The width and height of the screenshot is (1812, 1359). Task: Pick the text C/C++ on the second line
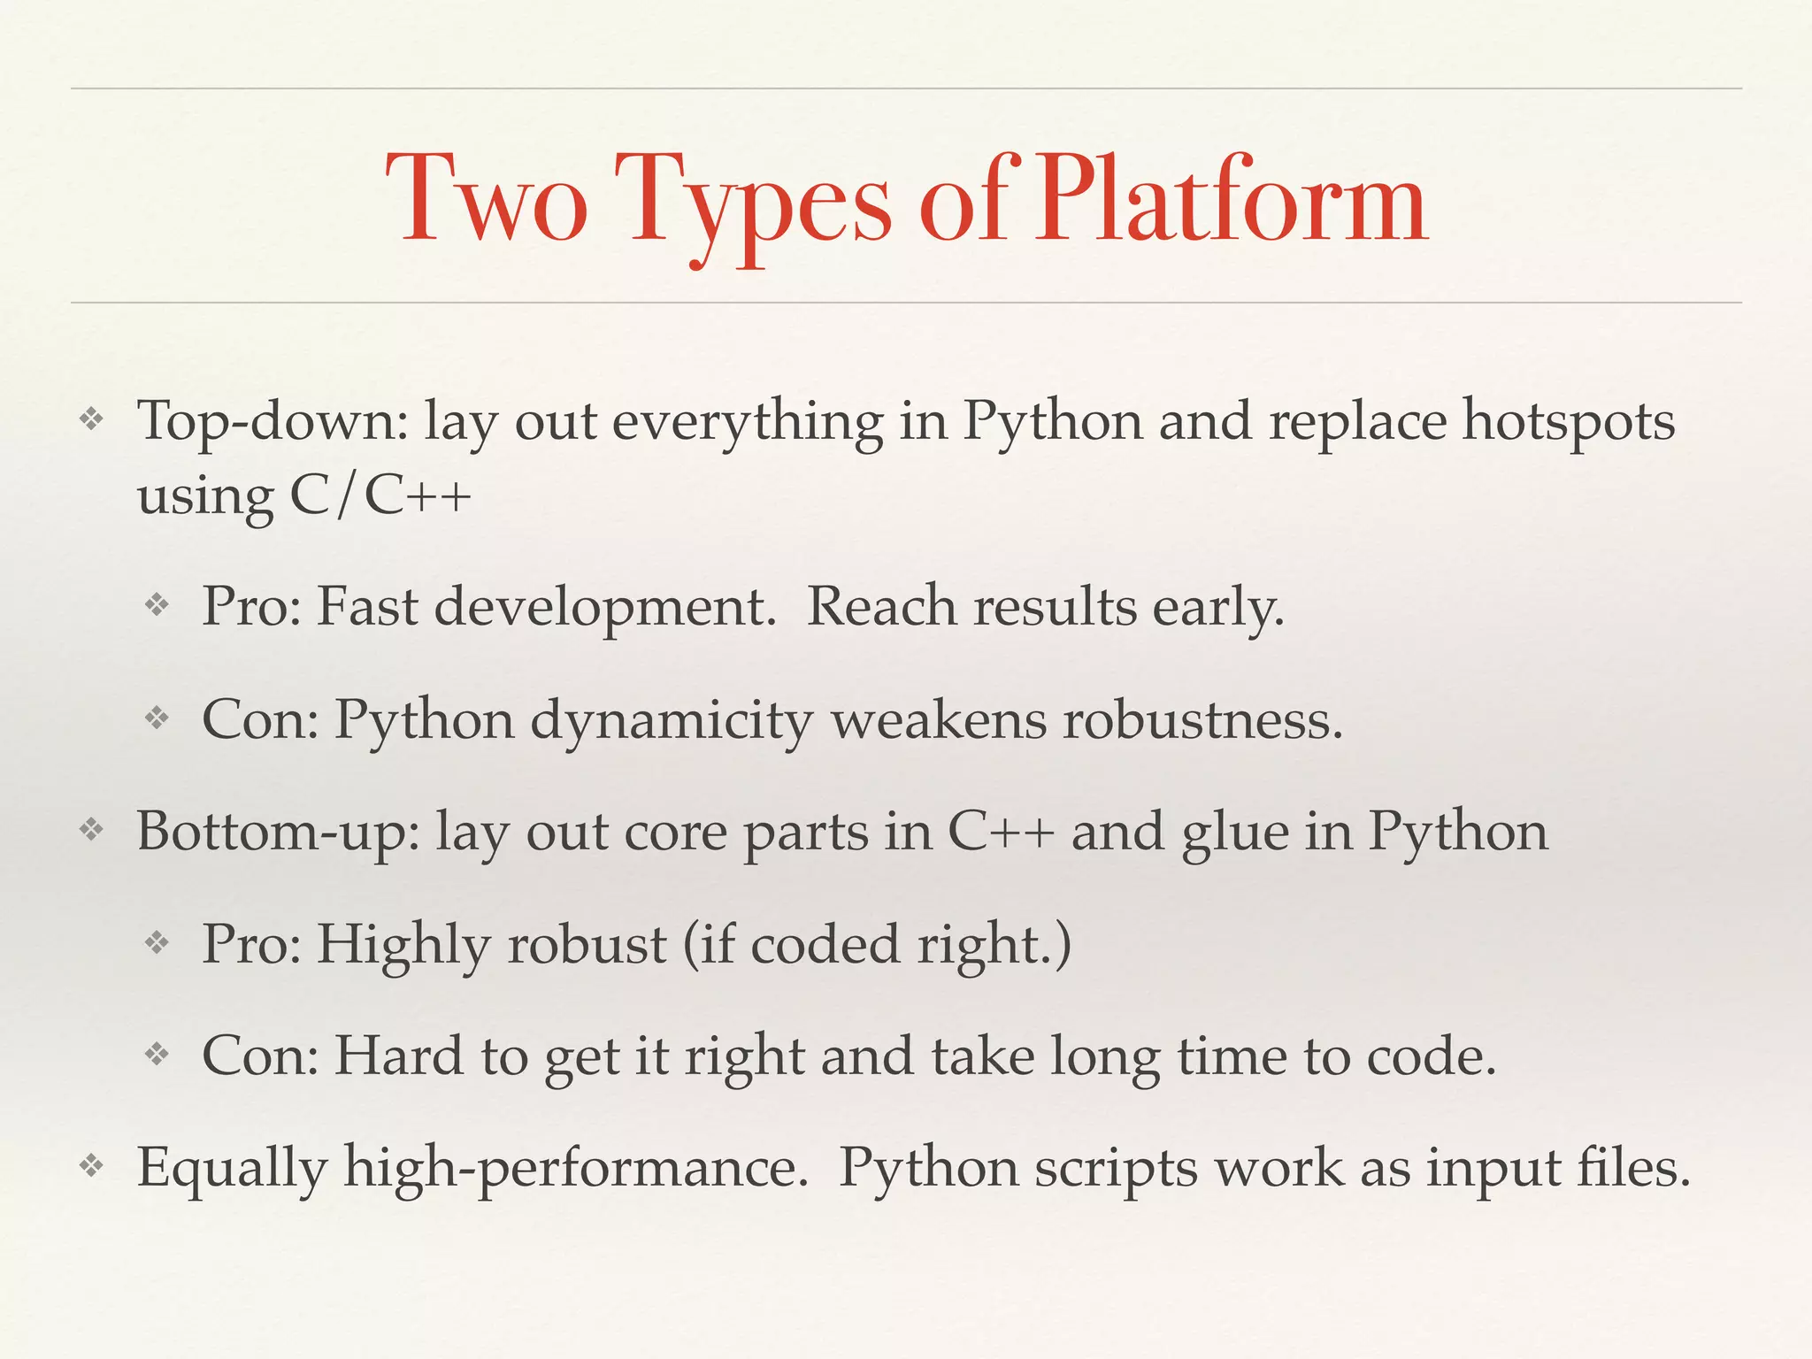coord(380,495)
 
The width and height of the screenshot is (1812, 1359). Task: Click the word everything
coord(748,422)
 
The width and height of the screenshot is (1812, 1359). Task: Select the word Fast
coord(366,607)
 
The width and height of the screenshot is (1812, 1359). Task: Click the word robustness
coord(1202,719)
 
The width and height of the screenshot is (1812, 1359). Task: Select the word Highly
coord(403,945)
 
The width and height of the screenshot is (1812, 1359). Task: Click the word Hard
coord(398,1056)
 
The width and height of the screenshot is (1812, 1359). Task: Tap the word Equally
coord(232,1168)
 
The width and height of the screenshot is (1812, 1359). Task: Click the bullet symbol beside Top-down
coord(91,419)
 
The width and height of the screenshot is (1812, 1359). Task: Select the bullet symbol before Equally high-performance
coord(91,1167)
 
